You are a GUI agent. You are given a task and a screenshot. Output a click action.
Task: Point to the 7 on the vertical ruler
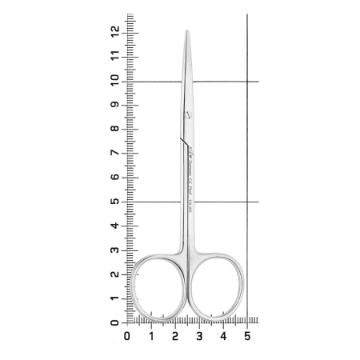point(117,154)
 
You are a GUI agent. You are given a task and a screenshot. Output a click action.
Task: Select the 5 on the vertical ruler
point(117,202)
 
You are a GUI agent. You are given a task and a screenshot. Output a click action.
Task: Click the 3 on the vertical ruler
point(117,250)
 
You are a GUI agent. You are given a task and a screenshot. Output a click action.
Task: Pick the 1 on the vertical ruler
point(117,298)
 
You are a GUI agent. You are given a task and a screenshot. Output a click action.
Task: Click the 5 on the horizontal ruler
point(246,336)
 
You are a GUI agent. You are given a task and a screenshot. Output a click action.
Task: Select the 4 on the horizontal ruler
point(222,336)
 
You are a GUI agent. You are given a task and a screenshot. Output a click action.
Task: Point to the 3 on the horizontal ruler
point(198,336)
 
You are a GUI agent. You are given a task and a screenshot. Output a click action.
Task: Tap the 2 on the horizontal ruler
point(174,336)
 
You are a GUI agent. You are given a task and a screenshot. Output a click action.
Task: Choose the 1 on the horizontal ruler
point(150,336)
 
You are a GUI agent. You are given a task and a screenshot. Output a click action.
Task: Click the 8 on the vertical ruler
point(117,130)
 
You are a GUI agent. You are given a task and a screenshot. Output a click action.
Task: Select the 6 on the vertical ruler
point(117,178)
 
